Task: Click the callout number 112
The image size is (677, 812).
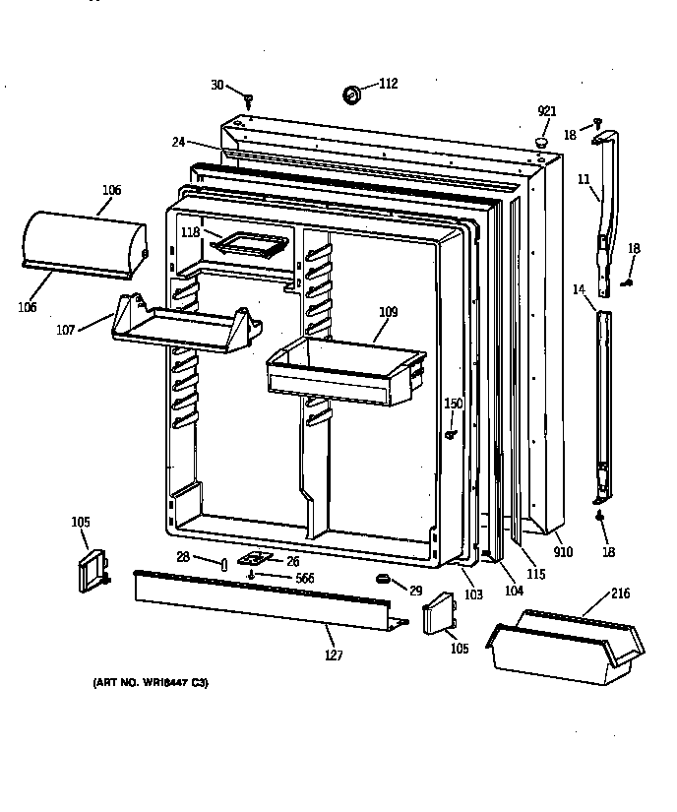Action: click(388, 84)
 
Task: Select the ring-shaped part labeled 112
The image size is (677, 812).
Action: click(351, 94)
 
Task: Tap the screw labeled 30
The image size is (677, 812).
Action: click(250, 98)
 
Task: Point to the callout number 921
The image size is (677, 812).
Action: click(547, 111)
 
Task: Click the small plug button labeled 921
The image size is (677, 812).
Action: click(540, 143)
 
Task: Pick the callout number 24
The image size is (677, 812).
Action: click(178, 142)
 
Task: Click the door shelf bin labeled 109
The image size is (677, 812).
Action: click(346, 371)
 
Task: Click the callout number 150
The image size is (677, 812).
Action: click(453, 404)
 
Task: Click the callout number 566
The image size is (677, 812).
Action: click(305, 579)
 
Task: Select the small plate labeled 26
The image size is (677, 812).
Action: click(254, 559)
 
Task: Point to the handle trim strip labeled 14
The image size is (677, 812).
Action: click(602, 404)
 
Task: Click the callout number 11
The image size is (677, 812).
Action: click(583, 181)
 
